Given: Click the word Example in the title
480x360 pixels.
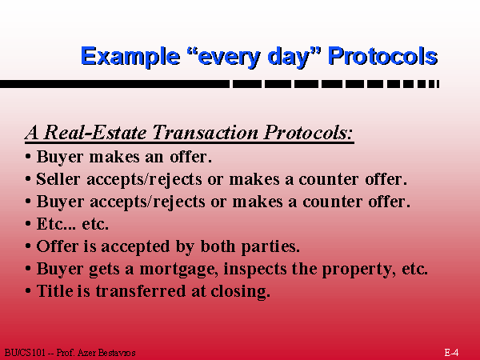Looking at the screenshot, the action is pos(130,56).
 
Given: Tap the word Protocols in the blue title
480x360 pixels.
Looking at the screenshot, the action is pos(382,56).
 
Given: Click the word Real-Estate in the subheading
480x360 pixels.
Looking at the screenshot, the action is pos(95,133).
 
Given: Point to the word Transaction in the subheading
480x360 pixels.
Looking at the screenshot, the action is pos(205,133).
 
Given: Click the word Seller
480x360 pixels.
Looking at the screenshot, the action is pos(58,178).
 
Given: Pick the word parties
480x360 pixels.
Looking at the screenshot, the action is pos(270,247).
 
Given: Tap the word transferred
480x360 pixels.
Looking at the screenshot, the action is pos(141,290).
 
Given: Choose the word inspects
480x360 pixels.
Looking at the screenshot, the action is pos(256,270).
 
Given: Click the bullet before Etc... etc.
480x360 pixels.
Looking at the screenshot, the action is pos(28,224).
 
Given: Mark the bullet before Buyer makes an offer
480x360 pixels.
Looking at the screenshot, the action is pos(28,157).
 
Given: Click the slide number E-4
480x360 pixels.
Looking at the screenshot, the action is pos(451,352).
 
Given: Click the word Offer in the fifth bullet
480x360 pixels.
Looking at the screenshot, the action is pos(58,246).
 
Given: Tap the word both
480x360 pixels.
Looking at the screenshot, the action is pos(218,246).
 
